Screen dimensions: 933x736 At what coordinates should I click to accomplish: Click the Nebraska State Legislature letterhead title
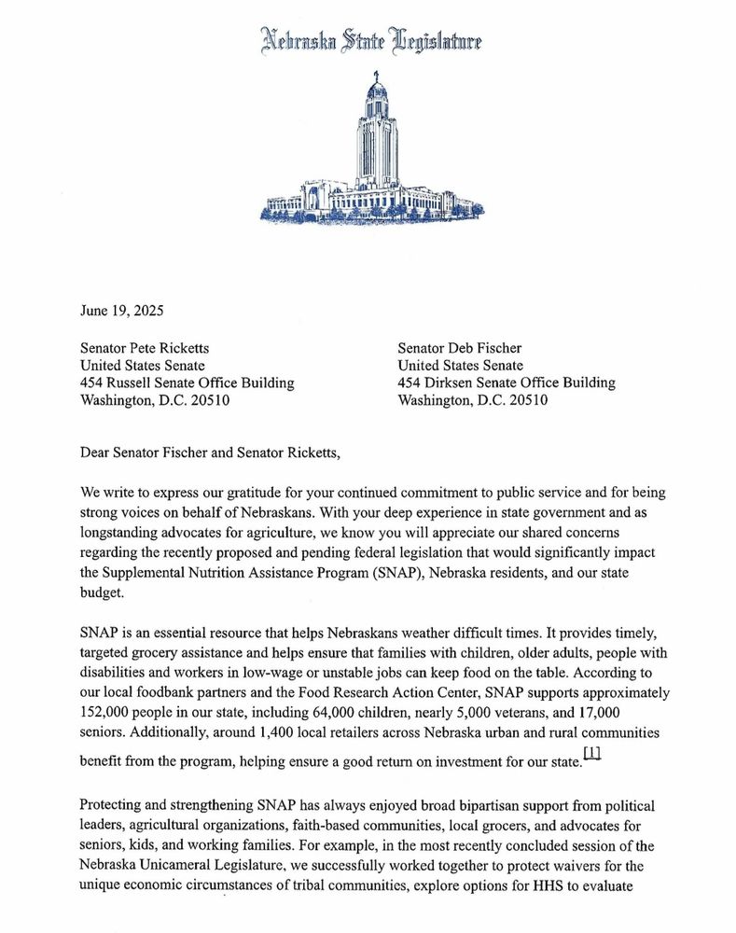coord(370,41)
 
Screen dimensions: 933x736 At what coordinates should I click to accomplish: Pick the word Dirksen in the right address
coord(457,383)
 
